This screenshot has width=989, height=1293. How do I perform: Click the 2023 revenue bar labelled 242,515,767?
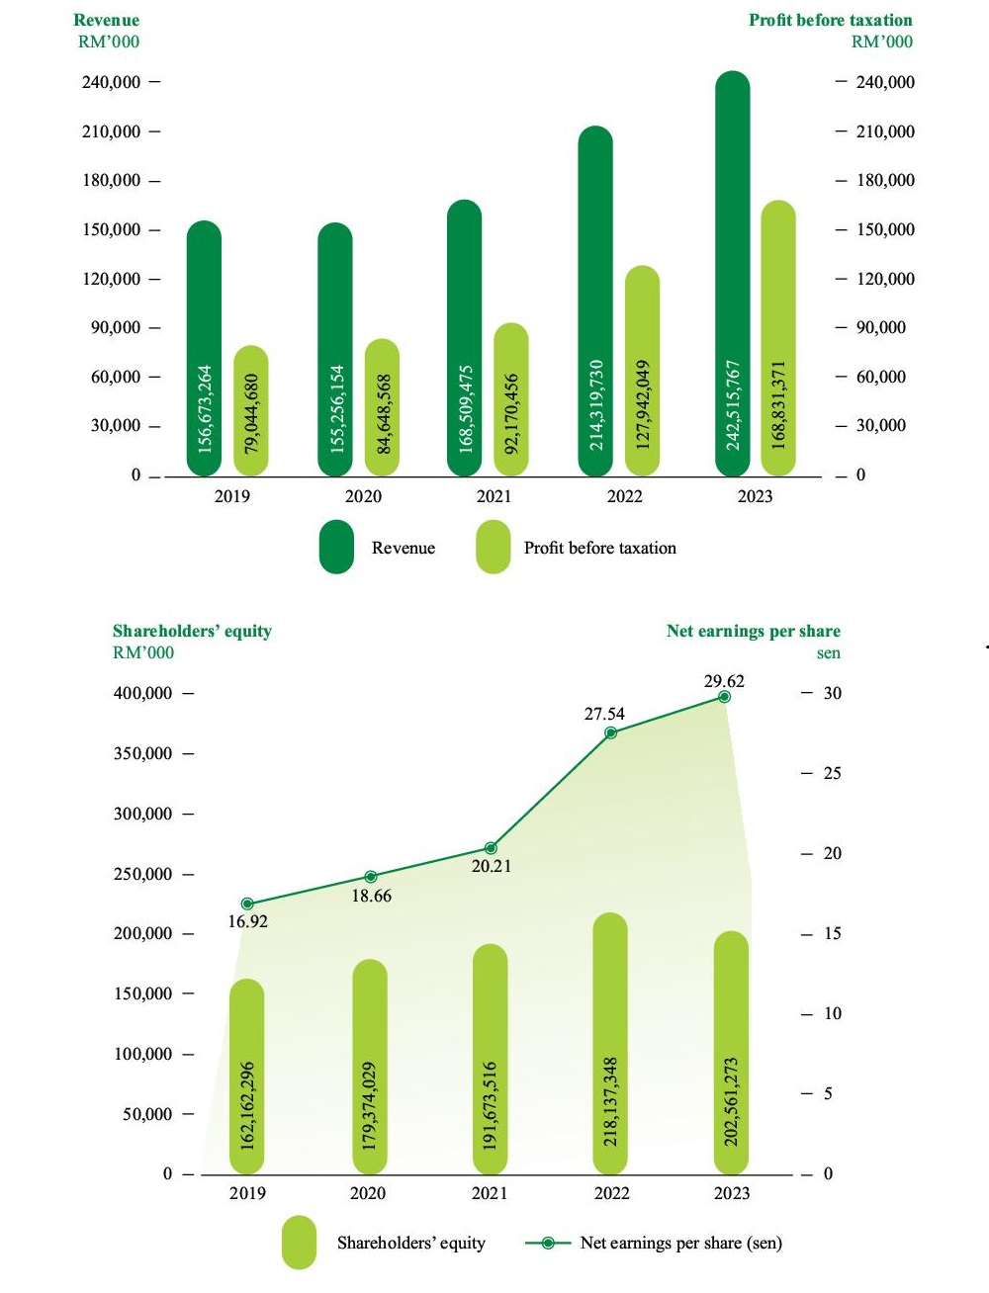pyautogui.click(x=732, y=273)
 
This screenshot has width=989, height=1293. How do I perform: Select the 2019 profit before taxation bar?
pyautogui.click(x=251, y=410)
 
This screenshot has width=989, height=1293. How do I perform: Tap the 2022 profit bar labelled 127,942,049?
pyautogui.click(x=642, y=371)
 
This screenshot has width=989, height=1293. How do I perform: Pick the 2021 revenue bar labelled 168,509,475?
pyautogui.click(x=465, y=338)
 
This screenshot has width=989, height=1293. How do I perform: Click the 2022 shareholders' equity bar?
pyautogui.click(x=610, y=1043)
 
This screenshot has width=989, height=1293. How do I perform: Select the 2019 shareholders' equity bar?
pyautogui.click(x=247, y=1077)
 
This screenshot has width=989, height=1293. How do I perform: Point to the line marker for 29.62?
pyautogui.click(x=724, y=697)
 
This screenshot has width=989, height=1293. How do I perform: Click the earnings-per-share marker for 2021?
pyautogui.click(x=491, y=848)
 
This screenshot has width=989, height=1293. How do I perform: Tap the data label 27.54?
pyautogui.click(x=604, y=714)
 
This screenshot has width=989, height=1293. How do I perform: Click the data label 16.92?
pyautogui.click(x=248, y=921)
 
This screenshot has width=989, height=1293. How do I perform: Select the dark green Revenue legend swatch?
pyautogui.click(x=336, y=547)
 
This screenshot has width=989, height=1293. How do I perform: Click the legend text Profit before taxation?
pyautogui.click(x=600, y=548)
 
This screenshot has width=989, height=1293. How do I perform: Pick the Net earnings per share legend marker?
pyautogui.click(x=548, y=1243)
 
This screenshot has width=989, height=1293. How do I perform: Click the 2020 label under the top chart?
pyautogui.click(x=363, y=496)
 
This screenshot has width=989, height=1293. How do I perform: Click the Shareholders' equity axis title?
pyautogui.click(x=192, y=631)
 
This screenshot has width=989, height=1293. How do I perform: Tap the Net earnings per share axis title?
pyautogui.click(x=754, y=631)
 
